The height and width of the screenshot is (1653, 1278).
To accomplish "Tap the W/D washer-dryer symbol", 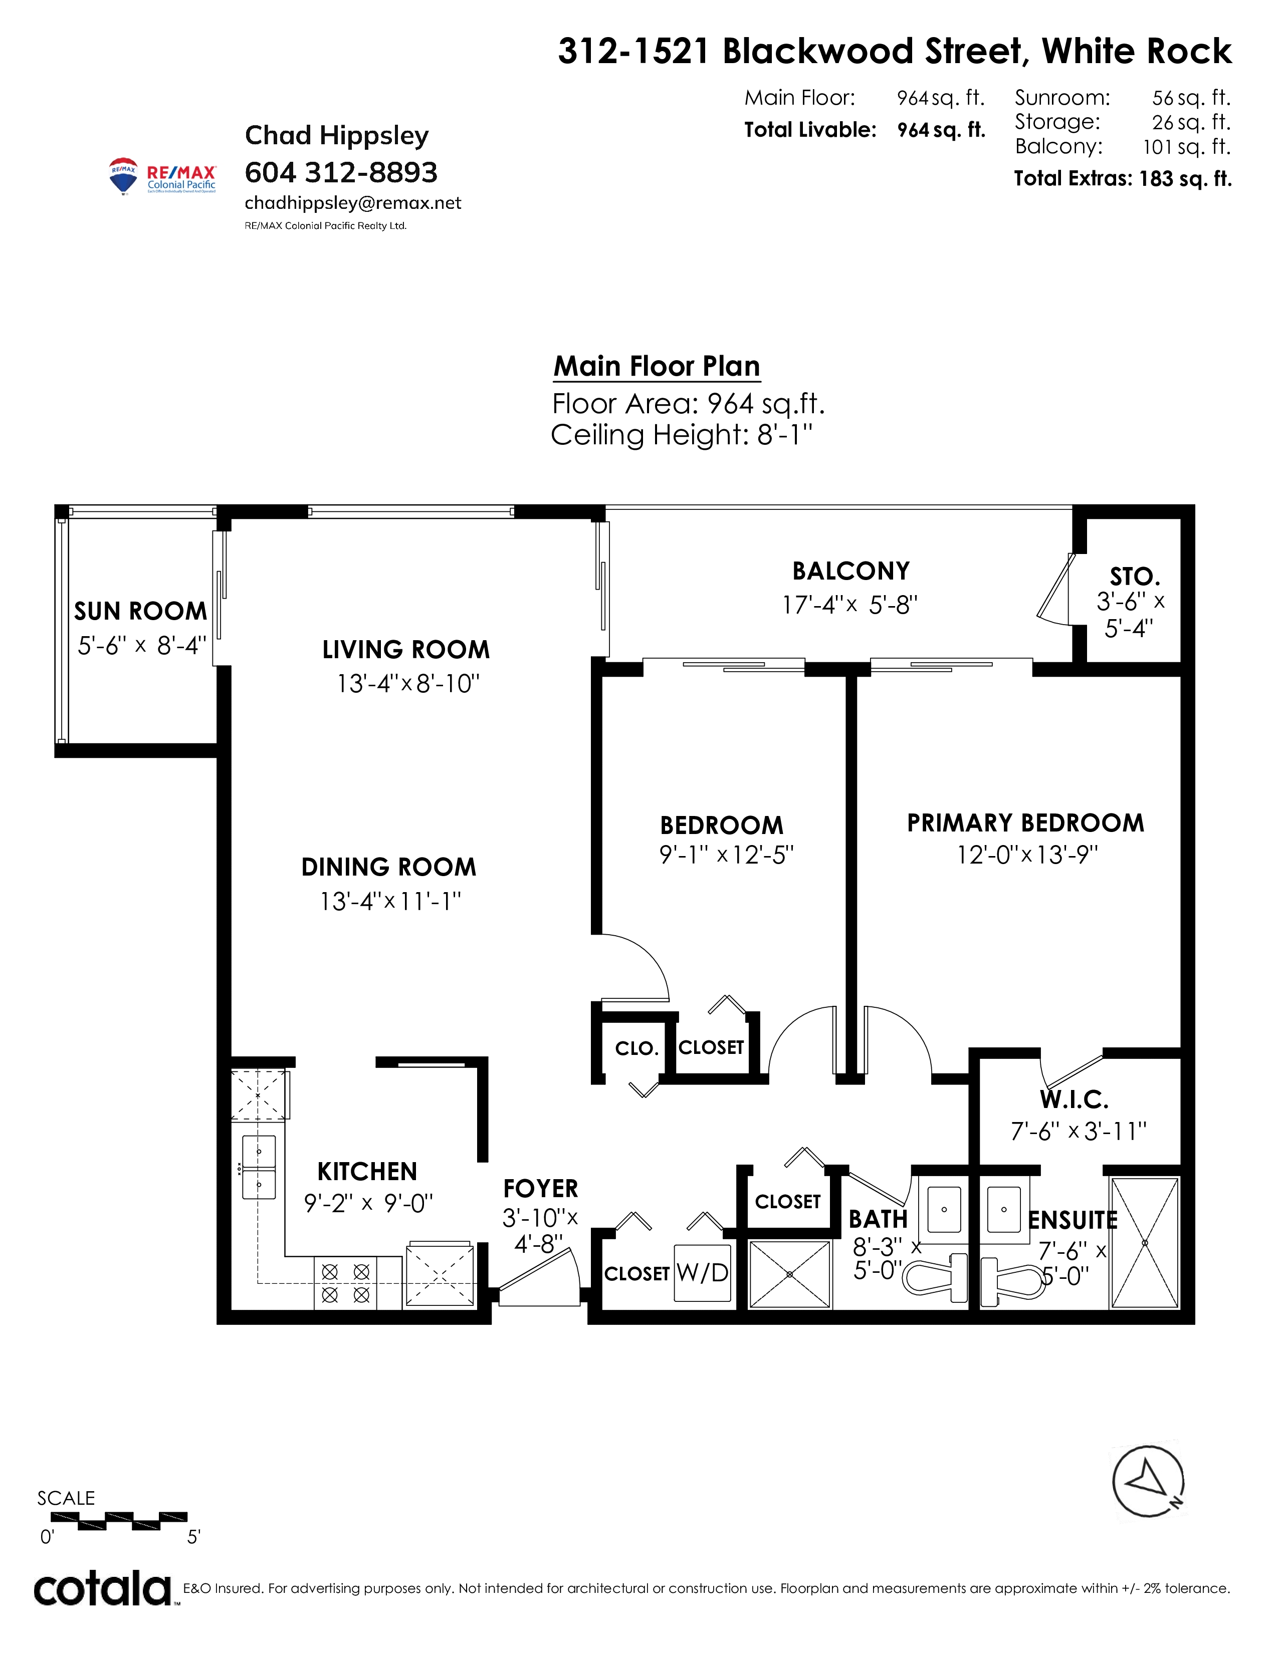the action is click(x=703, y=1273).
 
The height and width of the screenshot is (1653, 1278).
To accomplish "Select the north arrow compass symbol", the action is click(x=1148, y=1483).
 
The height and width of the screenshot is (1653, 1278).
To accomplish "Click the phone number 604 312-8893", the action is click(x=341, y=173).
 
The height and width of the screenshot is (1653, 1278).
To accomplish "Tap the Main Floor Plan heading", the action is click(x=657, y=366).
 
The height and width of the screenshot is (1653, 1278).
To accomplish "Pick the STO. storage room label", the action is click(x=1135, y=577).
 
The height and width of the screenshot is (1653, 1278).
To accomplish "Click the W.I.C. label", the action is click(x=1074, y=1099).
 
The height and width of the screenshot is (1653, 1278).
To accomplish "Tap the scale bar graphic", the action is click(x=119, y=1521).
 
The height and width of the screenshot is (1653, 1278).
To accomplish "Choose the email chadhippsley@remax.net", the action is click(x=353, y=203).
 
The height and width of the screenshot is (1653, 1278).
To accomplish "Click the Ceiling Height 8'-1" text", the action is click(x=682, y=435).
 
